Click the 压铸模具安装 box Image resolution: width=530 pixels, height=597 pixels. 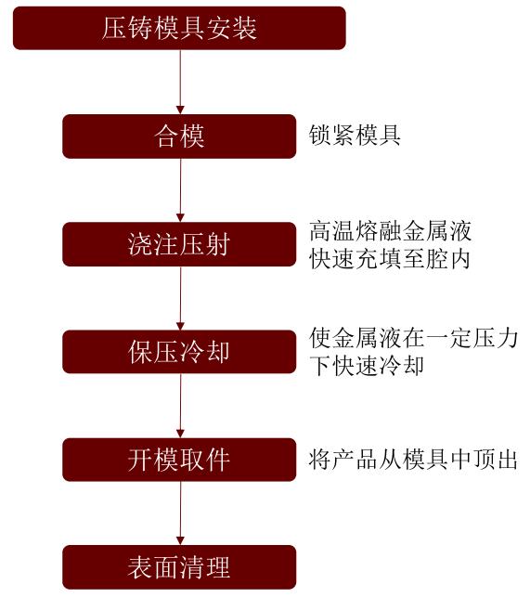click(x=179, y=28)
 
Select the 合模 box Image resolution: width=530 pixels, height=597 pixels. click(x=179, y=136)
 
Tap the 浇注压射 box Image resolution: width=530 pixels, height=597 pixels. click(x=179, y=244)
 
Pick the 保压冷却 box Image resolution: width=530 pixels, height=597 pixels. click(x=179, y=352)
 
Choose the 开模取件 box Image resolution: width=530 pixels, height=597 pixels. click(x=179, y=460)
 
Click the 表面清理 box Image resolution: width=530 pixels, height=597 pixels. click(x=179, y=567)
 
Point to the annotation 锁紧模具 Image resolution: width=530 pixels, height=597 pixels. click(x=355, y=136)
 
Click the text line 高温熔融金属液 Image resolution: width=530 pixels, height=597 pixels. click(x=390, y=231)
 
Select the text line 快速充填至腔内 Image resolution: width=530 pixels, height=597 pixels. click(x=390, y=259)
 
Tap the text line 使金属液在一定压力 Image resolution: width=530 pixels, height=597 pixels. click(x=413, y=338)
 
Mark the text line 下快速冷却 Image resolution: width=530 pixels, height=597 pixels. click(x=367, y=366)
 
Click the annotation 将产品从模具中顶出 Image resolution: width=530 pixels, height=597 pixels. click(x=413, y=460)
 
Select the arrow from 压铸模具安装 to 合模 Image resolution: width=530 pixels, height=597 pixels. click(x=180, y=82)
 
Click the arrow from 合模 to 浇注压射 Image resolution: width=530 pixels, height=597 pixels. click(x=180, y=190)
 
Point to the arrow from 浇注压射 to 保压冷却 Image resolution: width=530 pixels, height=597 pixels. click(x=180, y=298)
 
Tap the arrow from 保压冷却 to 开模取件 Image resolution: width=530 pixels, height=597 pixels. click(x=180, y=406)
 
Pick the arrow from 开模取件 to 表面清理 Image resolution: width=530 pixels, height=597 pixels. click(x=180, y=513)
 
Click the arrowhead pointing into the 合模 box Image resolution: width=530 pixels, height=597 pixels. click(x=180, y=110)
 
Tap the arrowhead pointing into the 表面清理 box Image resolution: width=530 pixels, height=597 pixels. click(x=180, y=541)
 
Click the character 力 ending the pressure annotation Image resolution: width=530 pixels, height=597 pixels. click(x=508, y=338)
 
